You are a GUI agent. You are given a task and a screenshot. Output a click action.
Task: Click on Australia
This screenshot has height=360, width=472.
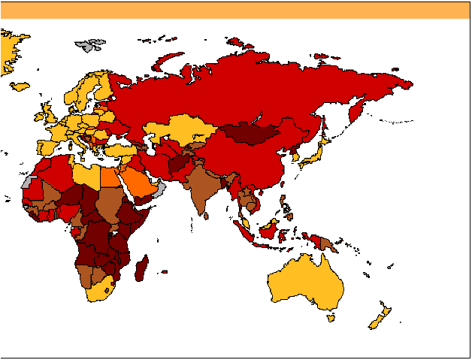coord(304,286)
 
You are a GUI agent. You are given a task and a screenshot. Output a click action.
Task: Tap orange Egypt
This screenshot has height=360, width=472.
coord(110,177)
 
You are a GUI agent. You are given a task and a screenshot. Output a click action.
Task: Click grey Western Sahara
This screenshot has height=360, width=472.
coord(28,182)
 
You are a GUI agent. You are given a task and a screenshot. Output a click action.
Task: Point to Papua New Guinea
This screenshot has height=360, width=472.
coord(327,242)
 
